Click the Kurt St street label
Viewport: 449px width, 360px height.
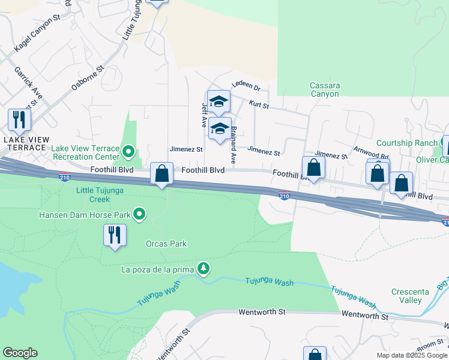(259, 104)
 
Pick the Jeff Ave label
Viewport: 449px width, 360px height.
(205, 114)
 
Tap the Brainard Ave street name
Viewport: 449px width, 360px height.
(234, 145)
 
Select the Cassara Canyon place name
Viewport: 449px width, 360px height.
(325, 89)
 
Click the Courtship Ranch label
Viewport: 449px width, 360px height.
(406, 143)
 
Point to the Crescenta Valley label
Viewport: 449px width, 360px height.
(410, 296)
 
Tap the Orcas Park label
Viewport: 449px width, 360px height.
(166, 244)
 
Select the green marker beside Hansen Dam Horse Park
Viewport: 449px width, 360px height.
(139, 214)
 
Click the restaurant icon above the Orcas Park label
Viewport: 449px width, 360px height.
(114, 234)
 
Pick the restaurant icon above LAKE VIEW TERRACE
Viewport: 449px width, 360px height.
(19, 120)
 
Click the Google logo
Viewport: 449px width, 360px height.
(20, 353)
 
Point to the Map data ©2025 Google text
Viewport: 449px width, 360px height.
(411, 355)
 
